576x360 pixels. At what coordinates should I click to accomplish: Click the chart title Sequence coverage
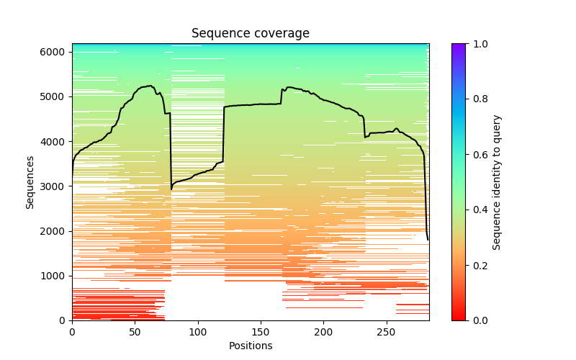coord(251,34)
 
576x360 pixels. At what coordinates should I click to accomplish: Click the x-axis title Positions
coord(251,346)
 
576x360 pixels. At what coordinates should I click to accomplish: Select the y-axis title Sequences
coord(30,182)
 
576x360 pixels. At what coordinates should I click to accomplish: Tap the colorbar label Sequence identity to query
coord(497,182)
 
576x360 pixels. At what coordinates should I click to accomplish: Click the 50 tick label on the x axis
coord(135,332)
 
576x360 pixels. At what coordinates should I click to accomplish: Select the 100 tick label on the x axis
coord(198,332)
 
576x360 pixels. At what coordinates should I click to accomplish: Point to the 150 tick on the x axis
coord(261,332)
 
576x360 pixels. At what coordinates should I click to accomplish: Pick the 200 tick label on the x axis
coord(323,332)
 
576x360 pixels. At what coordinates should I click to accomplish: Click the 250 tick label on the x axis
coord(387,332)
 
